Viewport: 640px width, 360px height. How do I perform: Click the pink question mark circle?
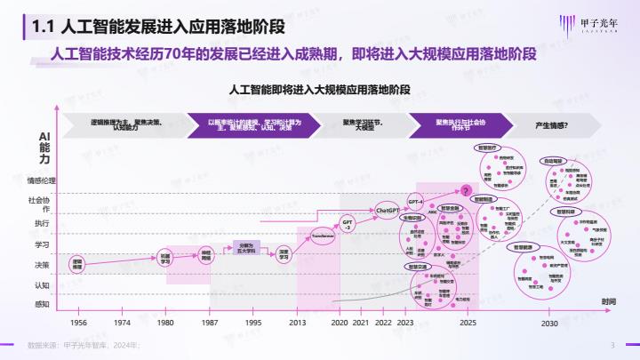click(465, 189)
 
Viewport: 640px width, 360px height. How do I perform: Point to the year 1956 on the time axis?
click(78, 323)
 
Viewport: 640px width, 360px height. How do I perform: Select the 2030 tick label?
click(550, 323)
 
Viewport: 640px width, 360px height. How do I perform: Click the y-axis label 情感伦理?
click(42, 180)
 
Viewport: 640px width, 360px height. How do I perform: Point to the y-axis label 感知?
click(42, 303)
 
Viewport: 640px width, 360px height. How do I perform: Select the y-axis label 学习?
click(42, 244)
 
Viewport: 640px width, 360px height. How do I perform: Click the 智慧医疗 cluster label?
click(490, 147)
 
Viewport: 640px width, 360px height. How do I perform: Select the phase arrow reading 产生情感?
click(556, 125)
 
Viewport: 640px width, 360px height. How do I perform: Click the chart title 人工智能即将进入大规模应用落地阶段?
click(319, 91)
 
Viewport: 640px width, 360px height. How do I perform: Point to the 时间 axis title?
click(607, 303)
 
